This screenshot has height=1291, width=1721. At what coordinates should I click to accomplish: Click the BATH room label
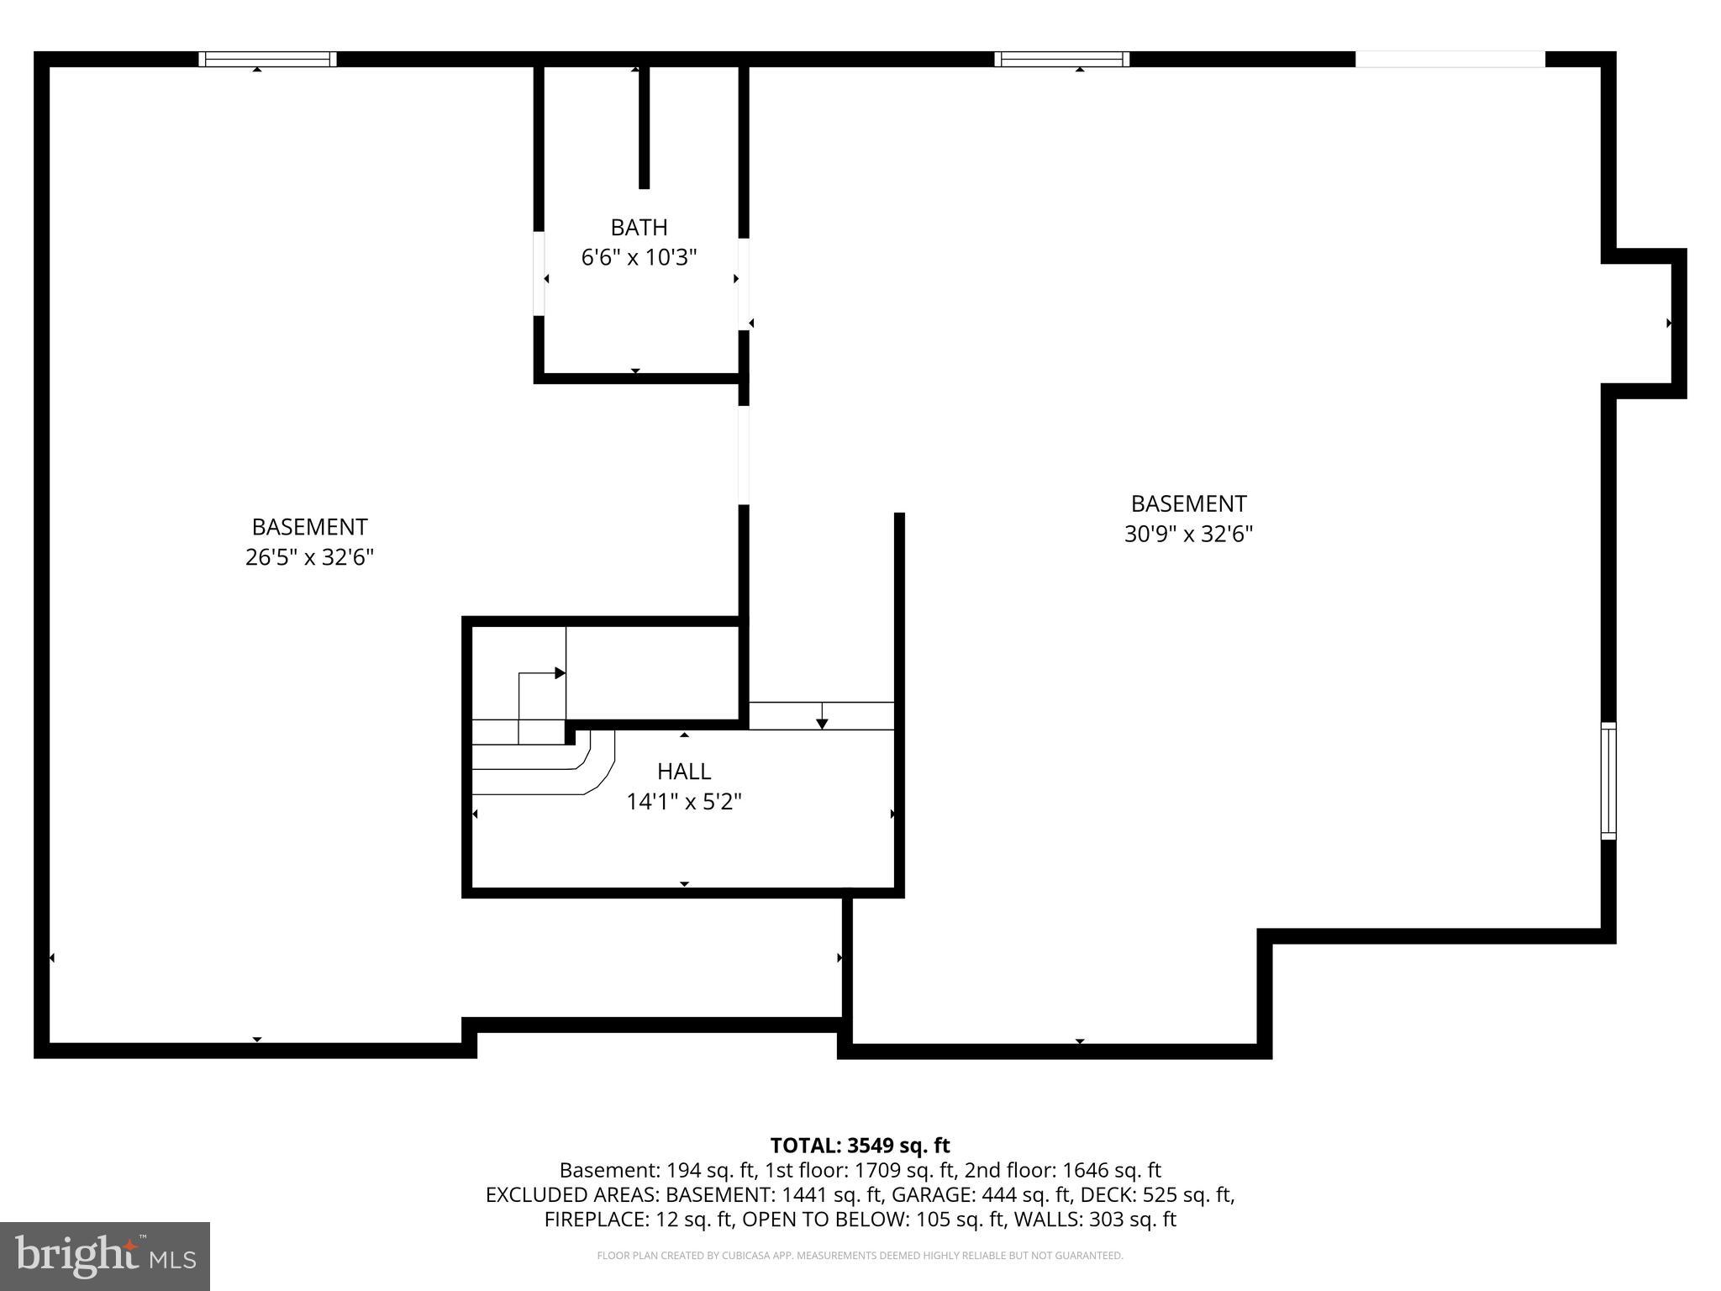pyautogui.click(x=639, y=228)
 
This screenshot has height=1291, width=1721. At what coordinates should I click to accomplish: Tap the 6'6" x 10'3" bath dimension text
pyautogui.click(x=639, y=257)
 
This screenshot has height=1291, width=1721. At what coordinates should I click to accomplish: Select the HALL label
pyautogui.click(x=683, y=771)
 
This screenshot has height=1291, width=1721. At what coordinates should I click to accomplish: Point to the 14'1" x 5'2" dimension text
pyautogui.click(x=683, y=802)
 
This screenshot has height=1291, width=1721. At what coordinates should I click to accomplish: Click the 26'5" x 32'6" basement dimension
pyautogui.click(x=309, y=557)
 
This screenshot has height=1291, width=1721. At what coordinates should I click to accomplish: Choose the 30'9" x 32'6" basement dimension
pyautogui.click(x=1188, y=534)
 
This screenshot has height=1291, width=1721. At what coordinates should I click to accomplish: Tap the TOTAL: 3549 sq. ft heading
pyautogui.click(x=860, y=1145)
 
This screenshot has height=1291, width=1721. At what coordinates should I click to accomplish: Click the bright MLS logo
pyautogui.click(x=105, y=1256)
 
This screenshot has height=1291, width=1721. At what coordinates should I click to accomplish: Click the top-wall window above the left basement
pyautogui.click(x=267, y=59)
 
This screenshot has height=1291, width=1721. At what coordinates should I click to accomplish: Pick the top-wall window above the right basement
pyautogui.click(x=1061, y=59)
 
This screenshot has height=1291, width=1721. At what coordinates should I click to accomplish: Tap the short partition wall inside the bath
pyautogui.click(x=644, y=126)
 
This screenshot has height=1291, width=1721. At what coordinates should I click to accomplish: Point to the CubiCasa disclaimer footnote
pyautogui.click(x=860, y=1256)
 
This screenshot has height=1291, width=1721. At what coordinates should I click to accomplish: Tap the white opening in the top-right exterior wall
pyautogui.click(x=1450, y=59)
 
